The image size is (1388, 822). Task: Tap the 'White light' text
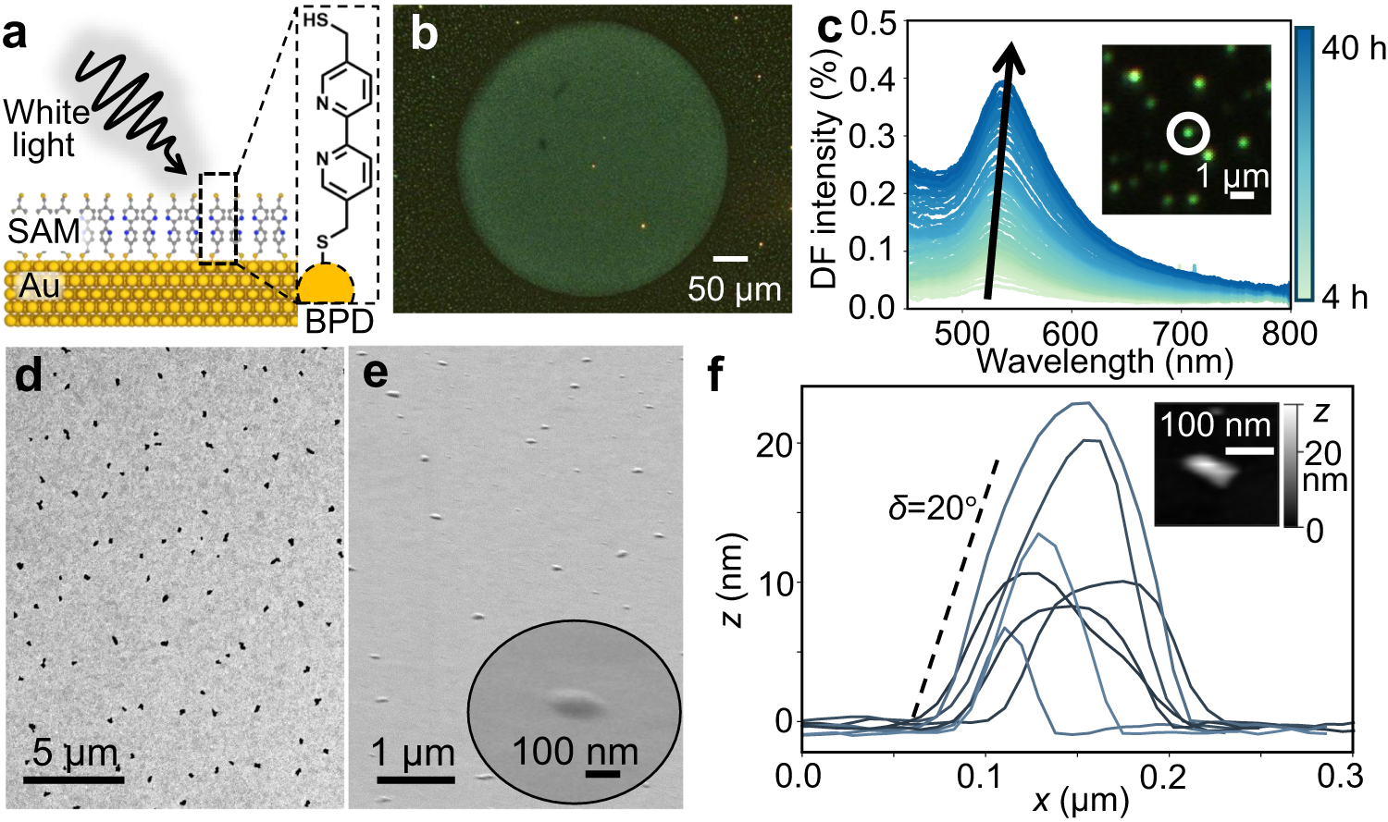click(x=45, y=129)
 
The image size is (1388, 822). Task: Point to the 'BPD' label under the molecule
click(x=340, y=321)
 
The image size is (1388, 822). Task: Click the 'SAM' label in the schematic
click(x=43, y=231)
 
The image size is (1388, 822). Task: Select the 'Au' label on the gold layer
click(x=39, y=287)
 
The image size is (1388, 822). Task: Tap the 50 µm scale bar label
click(x=734, y=289)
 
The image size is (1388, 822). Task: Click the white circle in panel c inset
click(x=1187, y=134)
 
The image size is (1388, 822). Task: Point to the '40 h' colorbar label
click(x=1353, y=47)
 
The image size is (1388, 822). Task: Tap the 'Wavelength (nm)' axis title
click(x=1105, y=361)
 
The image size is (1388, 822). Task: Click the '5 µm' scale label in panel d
click(x=74, y=753)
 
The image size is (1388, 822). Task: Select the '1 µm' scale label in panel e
click(x=414, y=753)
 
